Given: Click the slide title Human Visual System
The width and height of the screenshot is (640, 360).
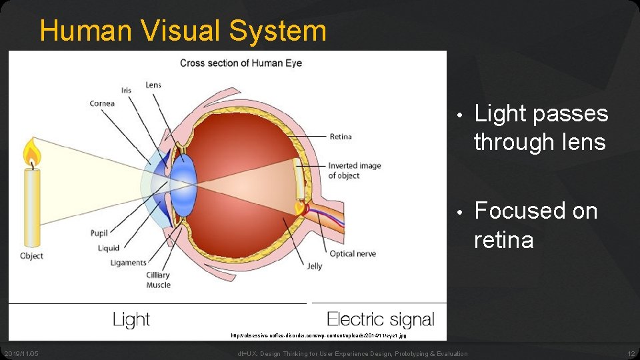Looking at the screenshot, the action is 183,31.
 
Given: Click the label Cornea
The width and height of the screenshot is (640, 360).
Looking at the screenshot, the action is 102,103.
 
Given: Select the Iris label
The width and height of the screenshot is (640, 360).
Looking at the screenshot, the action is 126,90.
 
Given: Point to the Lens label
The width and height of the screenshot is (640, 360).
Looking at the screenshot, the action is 153,85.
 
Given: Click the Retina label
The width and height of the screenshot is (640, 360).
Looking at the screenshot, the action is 340,137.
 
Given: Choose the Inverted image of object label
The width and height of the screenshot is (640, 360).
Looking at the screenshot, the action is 354,171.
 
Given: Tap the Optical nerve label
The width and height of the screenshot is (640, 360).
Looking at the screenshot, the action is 353,253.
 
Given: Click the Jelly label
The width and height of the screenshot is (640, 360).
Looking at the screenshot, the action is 315,266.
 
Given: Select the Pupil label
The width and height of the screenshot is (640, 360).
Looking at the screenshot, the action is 99,233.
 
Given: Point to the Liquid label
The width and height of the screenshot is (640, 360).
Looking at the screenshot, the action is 109,248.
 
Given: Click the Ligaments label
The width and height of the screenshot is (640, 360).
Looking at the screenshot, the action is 128,263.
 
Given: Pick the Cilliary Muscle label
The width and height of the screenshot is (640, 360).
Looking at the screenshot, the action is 158,280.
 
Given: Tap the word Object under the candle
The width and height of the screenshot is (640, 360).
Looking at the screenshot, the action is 31,256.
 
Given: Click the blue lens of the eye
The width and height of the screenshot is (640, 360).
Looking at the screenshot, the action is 183,181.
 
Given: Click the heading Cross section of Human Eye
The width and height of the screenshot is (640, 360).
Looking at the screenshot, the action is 241,63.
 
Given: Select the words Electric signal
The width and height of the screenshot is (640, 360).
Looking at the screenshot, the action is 381,320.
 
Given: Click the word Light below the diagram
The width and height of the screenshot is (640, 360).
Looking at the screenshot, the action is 131,320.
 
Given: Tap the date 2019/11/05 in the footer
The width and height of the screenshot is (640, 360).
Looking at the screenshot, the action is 21,353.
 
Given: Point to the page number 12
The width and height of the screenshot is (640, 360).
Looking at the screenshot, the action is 631,353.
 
